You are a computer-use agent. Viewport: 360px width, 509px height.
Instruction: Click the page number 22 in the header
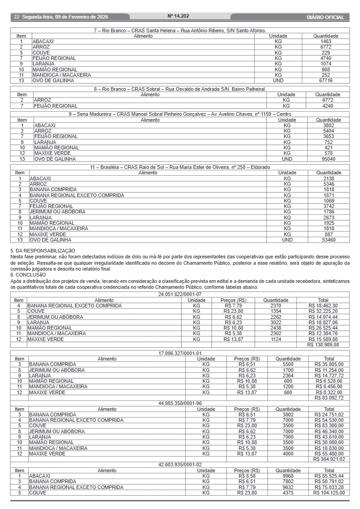tap(16, 17)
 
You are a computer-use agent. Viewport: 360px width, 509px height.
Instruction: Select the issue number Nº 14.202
tap(178, 16)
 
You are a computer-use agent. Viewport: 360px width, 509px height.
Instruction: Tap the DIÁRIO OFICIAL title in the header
tap(325, 17)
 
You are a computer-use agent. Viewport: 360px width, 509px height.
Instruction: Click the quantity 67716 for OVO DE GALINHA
tap(326, 80)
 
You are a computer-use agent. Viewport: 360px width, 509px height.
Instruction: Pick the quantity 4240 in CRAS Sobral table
tap(328, 106)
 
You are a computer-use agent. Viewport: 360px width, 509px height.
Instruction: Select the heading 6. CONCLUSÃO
tap(28, 275)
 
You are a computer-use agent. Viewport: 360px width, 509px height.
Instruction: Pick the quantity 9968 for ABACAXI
tap(288, 476)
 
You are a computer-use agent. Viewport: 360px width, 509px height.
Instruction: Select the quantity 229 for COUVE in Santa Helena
tap(326, 53)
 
